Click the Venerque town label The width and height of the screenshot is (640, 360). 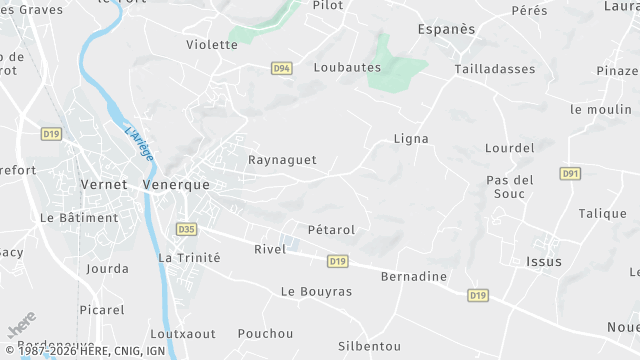coord(177,185)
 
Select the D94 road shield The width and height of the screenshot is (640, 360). coord(282,68)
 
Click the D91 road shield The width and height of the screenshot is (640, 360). coord(570,173)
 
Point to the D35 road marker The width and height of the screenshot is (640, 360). coord(186,229)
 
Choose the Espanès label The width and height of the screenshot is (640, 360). coord(446,29)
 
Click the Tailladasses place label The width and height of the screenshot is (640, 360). coord(494,69)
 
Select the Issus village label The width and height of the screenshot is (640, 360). coord(543,261)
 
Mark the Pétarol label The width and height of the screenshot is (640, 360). coord(331,230)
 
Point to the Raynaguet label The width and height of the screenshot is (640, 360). coord(282,160)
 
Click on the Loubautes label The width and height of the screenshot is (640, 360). coord(347,68)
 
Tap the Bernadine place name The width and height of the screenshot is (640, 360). coord(414,276)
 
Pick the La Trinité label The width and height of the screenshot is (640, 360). coord(189,257)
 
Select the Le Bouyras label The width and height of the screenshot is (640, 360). coord(316,292)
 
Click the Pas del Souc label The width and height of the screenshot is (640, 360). coord(510,186)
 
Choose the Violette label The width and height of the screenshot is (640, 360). coord(212,45)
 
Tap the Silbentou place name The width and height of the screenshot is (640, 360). coord(370,345)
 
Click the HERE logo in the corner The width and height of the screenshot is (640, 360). coord(20,328)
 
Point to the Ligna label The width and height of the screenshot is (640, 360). coord(411,139)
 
